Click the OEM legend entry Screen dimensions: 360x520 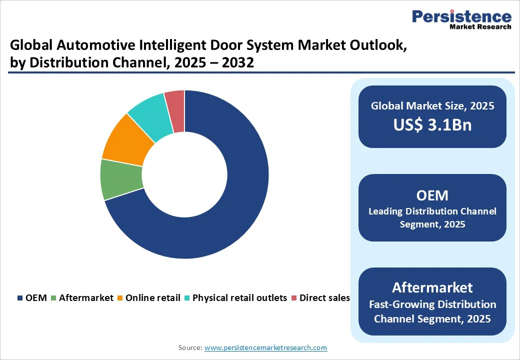pyautogui.click(x=32, y=298)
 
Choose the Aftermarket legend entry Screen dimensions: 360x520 pyautogui.click(x=82, y=298)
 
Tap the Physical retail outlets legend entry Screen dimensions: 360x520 pyautogui.click(x=235, y=298)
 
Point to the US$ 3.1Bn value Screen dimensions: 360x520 pyautogui.click(x=432, y=125)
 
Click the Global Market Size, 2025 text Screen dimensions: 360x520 pyautogui.click(x=432, y=106)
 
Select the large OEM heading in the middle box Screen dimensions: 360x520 pyautogui.click(x=432, y=195)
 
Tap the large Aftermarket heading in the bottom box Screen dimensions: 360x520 pyautogui.click(x=432, y=287)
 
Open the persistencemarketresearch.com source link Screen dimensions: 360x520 pyautogui.click(x=265, y=347)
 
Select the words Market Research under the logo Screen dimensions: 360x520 pyautogui.click(x=480, y=27)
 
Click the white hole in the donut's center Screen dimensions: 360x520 pyautogui.click(x=184, y=174)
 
